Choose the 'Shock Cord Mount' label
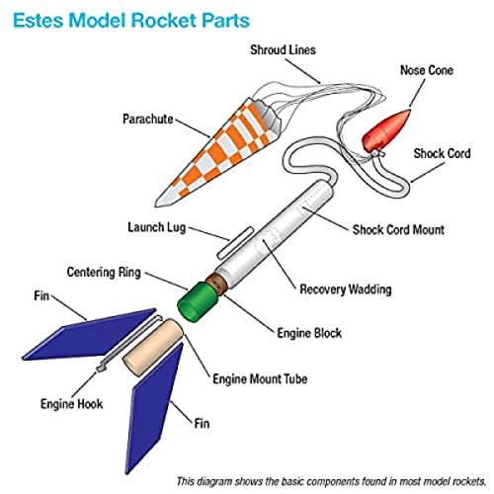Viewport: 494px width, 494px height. pyautogui.click(x=399, y=230)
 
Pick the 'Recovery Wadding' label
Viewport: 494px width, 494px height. pyautogui.click(x=345, y=290)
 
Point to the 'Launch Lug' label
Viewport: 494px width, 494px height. pyautogui.click(x=159, y=227)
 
